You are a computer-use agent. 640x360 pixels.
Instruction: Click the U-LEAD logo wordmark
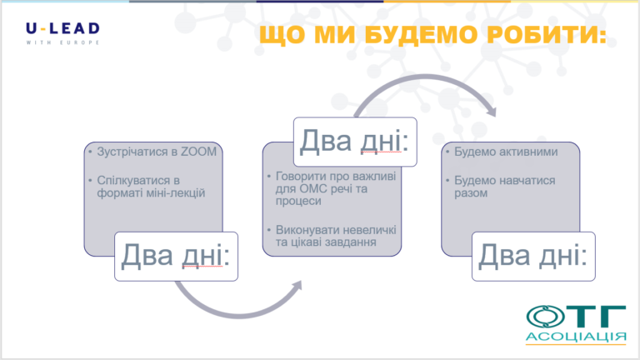62,28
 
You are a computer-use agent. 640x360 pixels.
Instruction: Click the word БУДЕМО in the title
420,34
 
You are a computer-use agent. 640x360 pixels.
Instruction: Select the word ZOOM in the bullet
199,152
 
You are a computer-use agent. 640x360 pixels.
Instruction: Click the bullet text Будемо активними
506,152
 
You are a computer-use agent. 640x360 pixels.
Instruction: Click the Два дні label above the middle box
355,141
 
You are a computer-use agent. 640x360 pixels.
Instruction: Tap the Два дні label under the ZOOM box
176,256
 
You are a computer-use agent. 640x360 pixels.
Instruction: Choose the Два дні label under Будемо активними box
533,256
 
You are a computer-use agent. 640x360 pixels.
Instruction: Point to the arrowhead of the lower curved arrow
297,285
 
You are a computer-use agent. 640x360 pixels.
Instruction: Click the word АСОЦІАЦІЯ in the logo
576,337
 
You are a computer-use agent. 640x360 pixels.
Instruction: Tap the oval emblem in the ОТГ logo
545,317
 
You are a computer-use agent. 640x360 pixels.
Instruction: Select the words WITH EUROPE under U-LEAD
62,42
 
